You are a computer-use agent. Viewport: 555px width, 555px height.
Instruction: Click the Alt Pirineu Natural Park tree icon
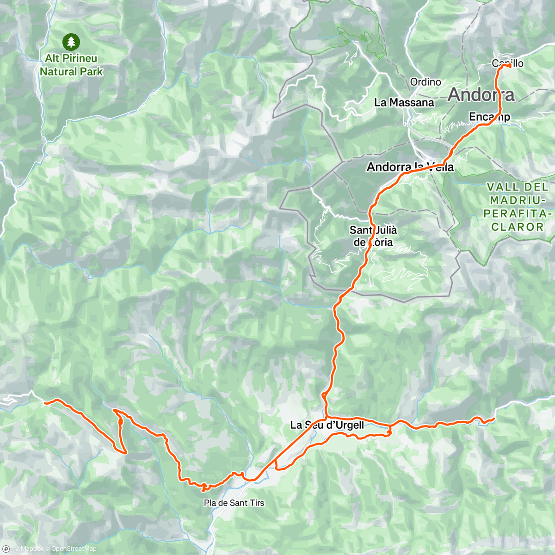pos(71,42)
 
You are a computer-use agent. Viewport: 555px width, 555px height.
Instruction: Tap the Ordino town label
pos(425,82)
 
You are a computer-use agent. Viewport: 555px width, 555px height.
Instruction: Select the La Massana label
pos(404,103)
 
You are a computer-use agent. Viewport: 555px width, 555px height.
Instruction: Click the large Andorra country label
pos(481,95)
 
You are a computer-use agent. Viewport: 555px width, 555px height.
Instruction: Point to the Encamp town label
pos(489,117)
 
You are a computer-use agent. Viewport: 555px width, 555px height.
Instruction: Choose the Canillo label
pos(507,63)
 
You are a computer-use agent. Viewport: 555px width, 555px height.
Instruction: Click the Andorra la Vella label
pos(410,167)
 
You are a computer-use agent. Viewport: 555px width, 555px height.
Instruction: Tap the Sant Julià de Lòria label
pos(373,236)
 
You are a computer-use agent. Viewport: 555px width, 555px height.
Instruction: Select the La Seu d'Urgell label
pos(327,425)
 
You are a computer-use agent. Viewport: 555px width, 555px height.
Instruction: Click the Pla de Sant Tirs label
pos(234,503)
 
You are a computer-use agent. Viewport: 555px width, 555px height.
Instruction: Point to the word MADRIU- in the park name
pos(518,200)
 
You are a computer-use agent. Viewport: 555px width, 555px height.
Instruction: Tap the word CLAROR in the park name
pos(518,227)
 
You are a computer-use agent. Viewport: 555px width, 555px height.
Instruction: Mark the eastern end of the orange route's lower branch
pos(493,419)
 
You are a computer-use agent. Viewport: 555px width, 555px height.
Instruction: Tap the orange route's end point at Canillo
pos(508,66)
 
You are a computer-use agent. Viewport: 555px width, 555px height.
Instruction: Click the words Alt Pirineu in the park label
pos(71,58)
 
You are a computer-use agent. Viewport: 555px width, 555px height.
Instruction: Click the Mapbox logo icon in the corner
pos(6,549)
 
